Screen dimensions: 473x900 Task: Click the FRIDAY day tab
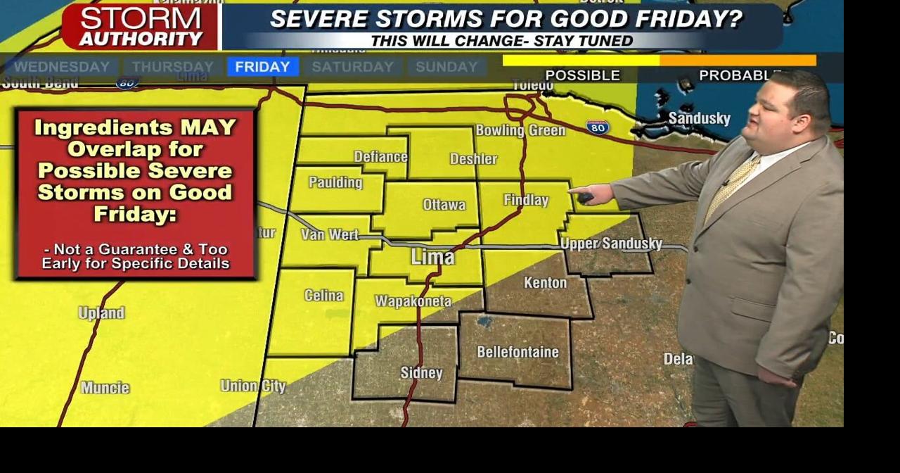262,67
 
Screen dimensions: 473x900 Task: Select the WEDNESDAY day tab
62,67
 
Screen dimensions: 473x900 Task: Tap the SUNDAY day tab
446,67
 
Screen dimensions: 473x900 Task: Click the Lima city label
432,257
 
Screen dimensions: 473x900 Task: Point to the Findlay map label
526,201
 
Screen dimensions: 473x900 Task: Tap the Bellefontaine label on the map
517,352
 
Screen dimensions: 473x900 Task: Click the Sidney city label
421,373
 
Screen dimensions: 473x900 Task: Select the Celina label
324,296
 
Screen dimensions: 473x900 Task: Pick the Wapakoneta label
413,301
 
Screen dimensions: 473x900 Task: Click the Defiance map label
380,156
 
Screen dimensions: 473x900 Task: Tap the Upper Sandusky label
611,244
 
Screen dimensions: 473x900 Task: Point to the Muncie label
105,388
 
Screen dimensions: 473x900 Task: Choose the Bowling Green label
520,130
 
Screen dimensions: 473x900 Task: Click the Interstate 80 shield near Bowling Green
597,127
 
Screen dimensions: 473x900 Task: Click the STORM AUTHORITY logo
140,27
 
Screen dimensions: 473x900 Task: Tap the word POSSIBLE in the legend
582,75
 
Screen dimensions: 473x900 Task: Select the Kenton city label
545,283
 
